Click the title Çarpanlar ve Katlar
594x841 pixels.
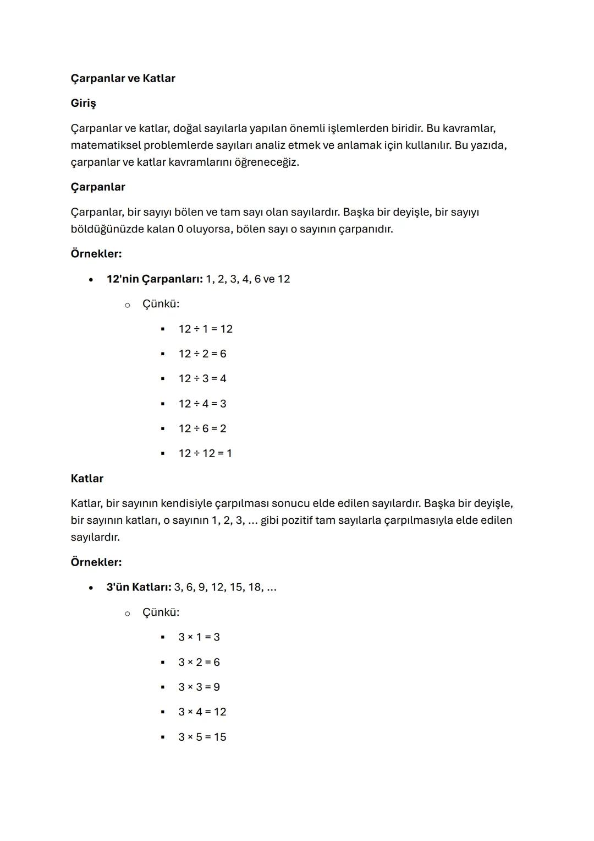(123, 78)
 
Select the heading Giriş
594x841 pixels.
(83, 103)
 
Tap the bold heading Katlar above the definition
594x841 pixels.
(87, 478)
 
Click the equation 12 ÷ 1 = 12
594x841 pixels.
(205, 329)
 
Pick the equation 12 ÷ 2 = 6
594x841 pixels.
(202, 354)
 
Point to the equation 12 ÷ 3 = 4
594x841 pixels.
(202, 378)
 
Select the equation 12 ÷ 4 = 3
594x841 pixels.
(202, 404)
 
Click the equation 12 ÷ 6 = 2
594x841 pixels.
(202, 428)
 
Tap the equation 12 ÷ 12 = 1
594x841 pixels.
(205, 453)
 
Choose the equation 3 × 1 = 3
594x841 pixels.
(199, 637)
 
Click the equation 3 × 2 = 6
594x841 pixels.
(199, 662)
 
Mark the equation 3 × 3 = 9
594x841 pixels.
(199, 687)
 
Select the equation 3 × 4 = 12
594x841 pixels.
(202, 712)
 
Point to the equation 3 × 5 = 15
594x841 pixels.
(202, 737)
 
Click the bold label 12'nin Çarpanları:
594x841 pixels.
(155, 279)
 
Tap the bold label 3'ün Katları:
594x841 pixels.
(139, 587)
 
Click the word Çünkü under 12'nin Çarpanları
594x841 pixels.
(160, 304)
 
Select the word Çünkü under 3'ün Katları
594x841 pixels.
(160, 612)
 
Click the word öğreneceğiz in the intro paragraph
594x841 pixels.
(266, 162)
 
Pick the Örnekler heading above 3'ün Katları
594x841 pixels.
(96, 562)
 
